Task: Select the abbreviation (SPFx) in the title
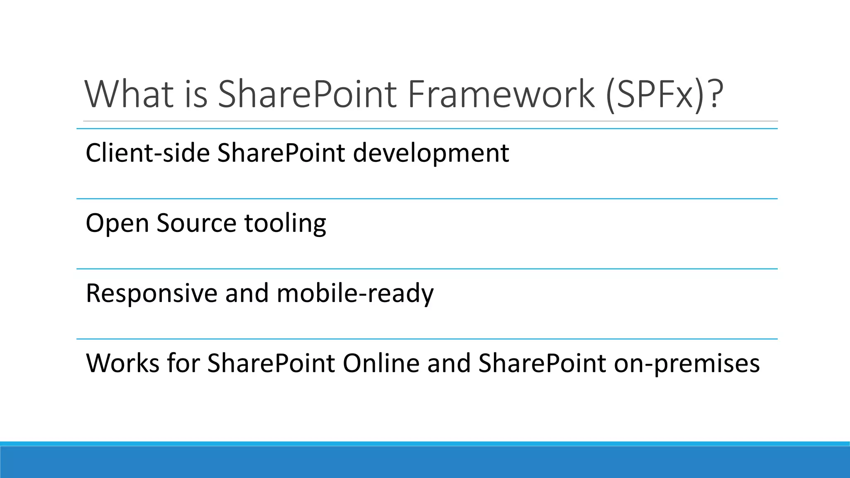[x=654, y=95]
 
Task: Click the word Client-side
[x=147, y=153]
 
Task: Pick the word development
[x=431, y=154]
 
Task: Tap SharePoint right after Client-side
[x=281, y=153]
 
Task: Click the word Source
[x=196, y=223]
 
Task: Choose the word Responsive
[x=151, y=294]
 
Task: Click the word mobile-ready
[x=355, y=294]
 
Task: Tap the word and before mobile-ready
[x=247, y=294]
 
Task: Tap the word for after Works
[x=183, y=363]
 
